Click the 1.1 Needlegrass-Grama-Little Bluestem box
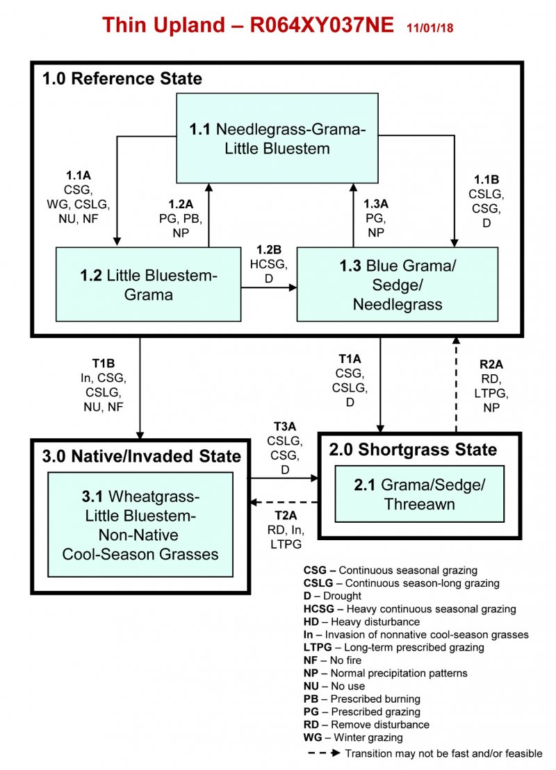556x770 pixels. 277,138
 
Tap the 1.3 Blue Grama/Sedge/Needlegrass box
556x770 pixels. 397,285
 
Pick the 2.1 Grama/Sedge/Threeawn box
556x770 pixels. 419,494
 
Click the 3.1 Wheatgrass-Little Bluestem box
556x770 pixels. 140,526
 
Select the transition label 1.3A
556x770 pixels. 376,204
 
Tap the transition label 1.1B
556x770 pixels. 486,180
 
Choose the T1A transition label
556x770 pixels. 350,358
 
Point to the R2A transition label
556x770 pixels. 491,363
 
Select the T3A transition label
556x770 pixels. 284,426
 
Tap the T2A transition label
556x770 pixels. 284,516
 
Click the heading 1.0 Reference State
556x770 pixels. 122,78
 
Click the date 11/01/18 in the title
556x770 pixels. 430,28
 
